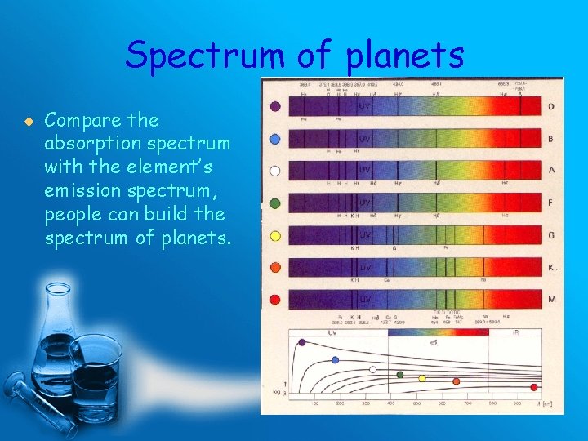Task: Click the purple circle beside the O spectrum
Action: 275,106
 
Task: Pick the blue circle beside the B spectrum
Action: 275,139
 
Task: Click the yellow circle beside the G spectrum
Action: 275,236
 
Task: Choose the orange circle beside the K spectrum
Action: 275,267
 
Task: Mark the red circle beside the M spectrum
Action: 275,300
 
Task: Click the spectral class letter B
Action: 550,139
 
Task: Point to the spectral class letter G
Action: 551,235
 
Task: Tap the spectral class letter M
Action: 552,300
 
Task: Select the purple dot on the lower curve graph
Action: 302,342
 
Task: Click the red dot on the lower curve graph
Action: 534,387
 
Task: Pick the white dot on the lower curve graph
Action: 372,369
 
